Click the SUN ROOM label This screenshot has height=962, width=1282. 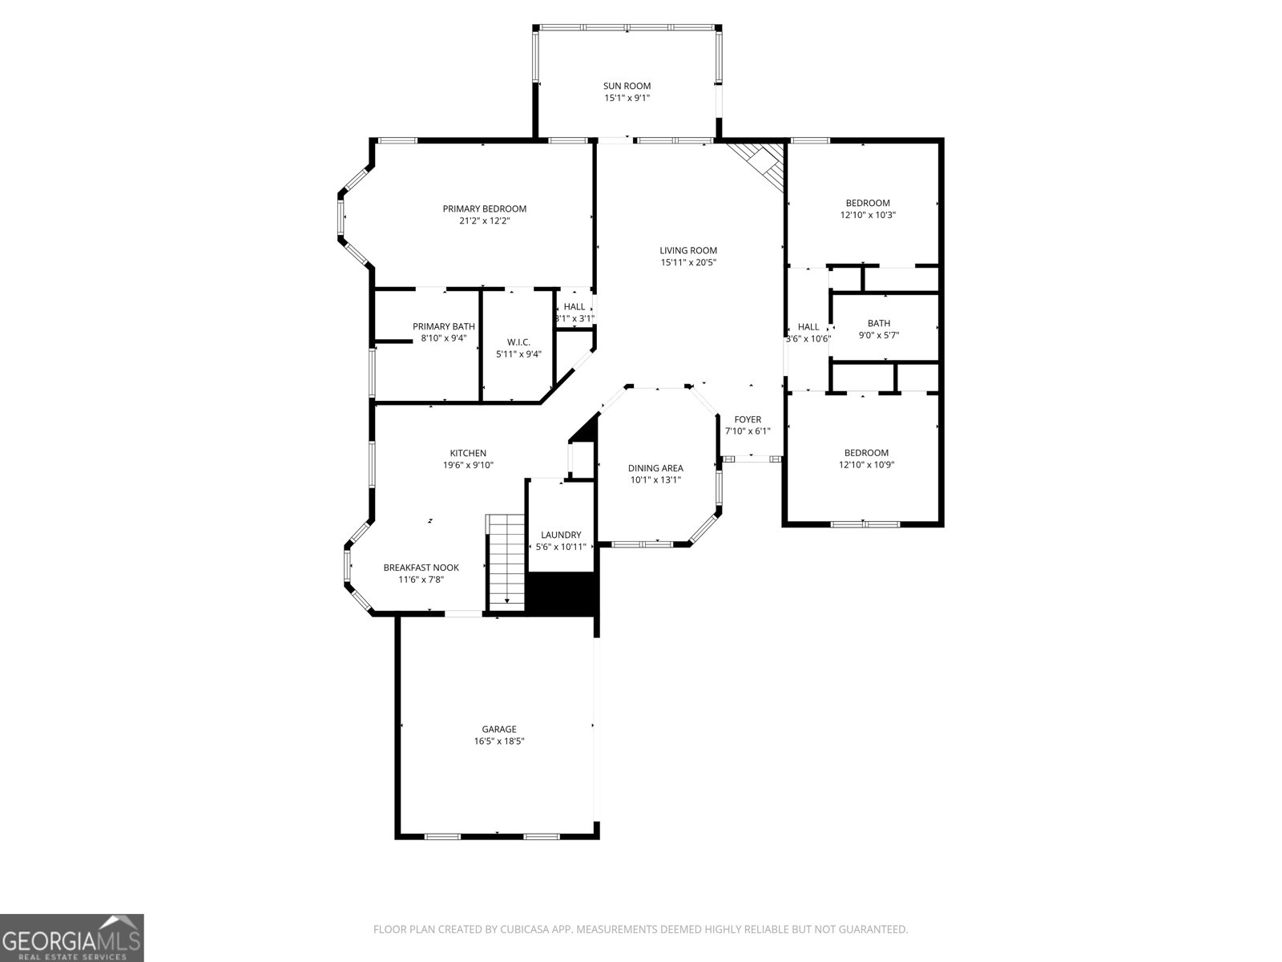tap(627, 86)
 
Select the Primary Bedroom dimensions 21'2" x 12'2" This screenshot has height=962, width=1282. tap(484, 220)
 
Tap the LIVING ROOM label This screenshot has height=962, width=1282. tap(688, 250)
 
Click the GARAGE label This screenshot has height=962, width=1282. tap(498, 729)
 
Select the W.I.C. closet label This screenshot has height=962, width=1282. tap(518, 342)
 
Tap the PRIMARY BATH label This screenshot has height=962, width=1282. tap(443, 326)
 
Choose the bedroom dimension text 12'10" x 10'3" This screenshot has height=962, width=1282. tap(868, 215)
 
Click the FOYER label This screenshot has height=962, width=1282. tap(748, 419)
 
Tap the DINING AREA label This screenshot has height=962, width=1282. tap(655, 468)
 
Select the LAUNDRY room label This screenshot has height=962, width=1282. tap(561, 535)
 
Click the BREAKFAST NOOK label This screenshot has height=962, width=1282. tap(421, 568)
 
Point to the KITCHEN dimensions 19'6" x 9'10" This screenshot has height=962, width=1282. tap(468, 465)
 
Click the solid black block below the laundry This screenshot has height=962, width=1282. tap(562, 594)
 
